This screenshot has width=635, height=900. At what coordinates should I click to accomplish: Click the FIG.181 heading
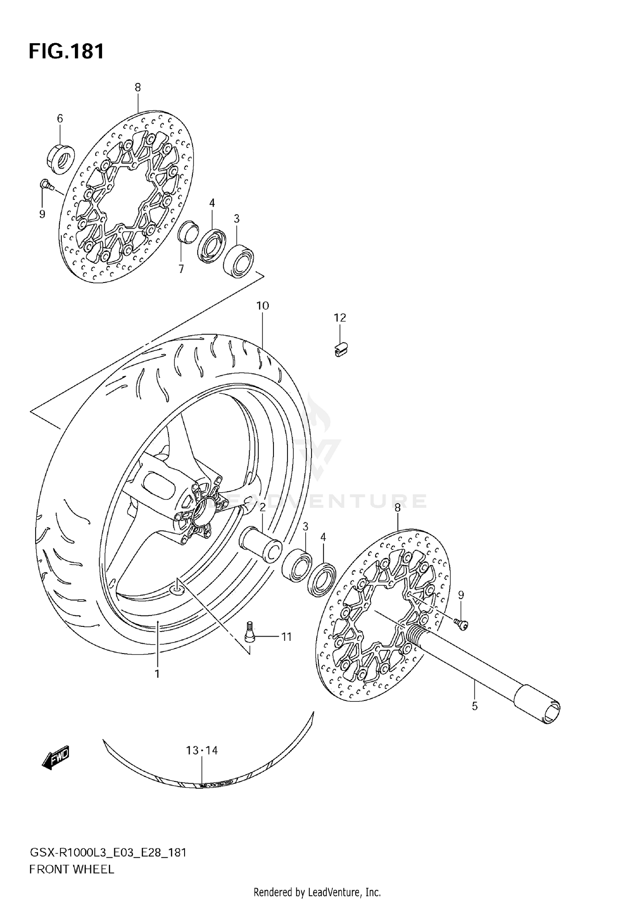click(66, 52)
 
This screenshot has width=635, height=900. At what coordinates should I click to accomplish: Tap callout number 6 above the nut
click(60, 119)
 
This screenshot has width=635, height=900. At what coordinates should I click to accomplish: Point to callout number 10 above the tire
click(262, 305)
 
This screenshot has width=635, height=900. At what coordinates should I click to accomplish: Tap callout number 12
click(340, 318)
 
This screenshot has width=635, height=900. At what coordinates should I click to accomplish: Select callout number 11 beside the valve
click(287, 637)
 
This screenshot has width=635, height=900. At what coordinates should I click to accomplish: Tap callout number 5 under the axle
click(475, 706)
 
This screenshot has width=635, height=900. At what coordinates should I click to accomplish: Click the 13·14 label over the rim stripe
click(202, 750)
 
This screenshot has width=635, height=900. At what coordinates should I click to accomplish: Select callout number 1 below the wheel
click(157, 673)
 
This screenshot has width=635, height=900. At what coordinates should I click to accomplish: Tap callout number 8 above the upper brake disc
click(138, 87)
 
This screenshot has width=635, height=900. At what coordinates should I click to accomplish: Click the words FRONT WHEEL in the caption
click(72, 870)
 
